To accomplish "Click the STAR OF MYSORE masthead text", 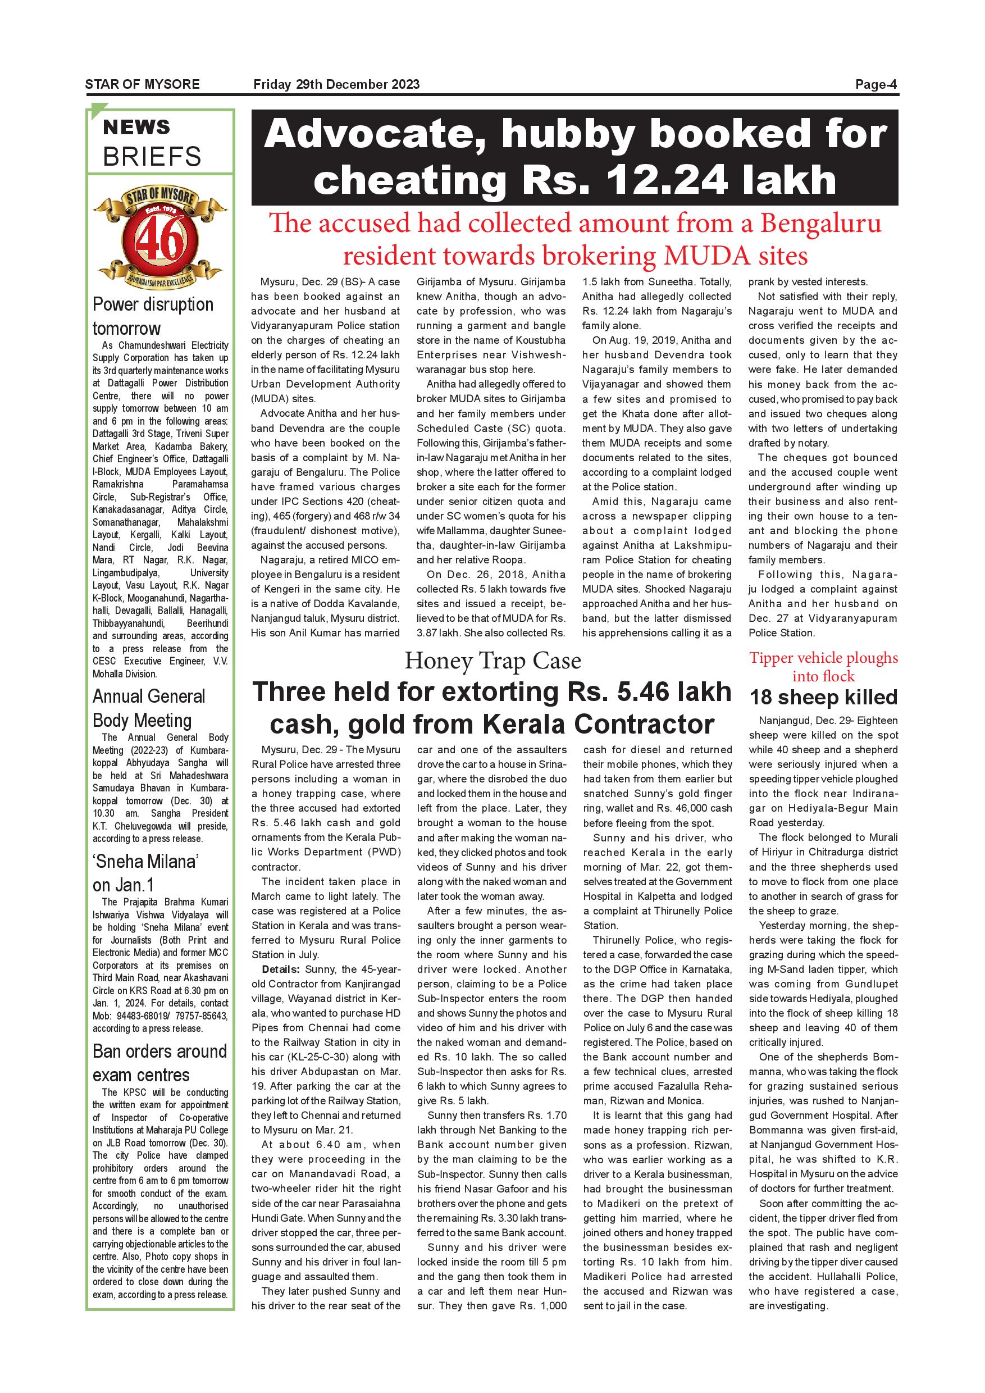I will tap(142, 84).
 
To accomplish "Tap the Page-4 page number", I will tap(875, 84).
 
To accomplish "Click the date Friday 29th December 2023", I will tap(336, 84).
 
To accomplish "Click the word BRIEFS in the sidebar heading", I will tap(152, 157).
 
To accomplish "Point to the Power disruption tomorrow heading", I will tap(153, 316).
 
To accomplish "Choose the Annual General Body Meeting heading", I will tap(149, 708).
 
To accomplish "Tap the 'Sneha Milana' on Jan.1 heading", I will tap(146, 873).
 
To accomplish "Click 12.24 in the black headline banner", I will tap(660, 180).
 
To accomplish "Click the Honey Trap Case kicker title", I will tap(492, 661).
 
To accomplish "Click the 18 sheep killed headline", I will tap(823, 698).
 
